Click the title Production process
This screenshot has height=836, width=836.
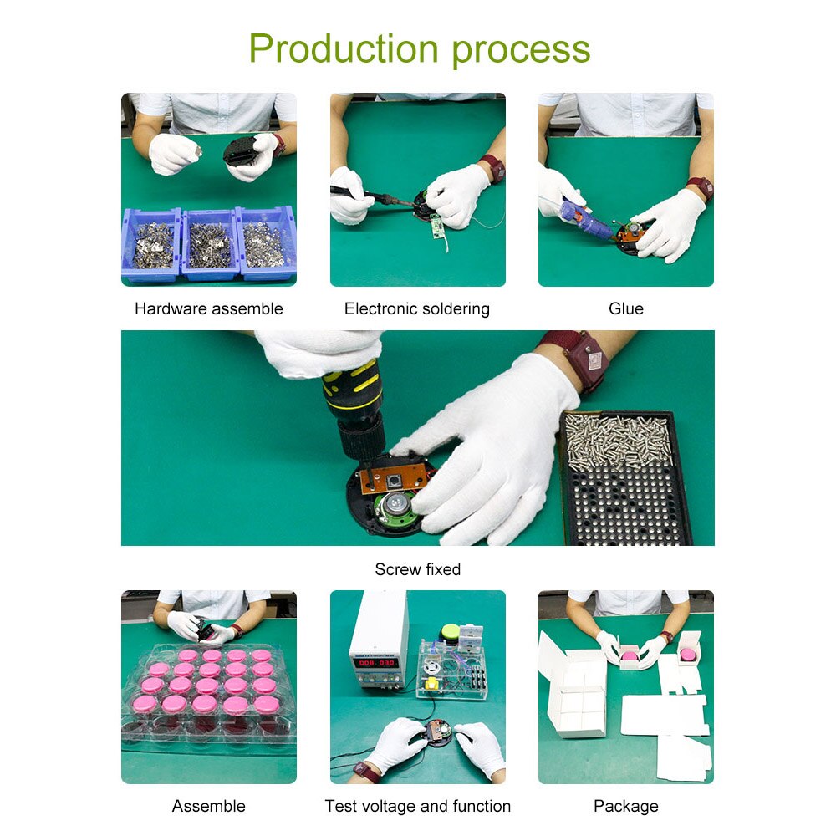pos(419,48)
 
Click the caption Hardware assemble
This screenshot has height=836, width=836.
pos(208,308)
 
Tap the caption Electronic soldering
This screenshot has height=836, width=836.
pos(416,308)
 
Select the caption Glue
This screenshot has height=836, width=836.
pos(625,308)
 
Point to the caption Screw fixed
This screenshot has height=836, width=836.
pos(417,569)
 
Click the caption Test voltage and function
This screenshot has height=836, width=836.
pos(417,806)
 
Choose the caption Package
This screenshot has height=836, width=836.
pos(625,806)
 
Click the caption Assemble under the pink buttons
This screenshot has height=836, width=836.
pos(208,806)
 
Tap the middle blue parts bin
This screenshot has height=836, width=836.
pos(209,243)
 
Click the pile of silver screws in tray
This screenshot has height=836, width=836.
pos(619,439)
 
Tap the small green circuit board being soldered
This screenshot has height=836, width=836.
pos(436,224)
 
